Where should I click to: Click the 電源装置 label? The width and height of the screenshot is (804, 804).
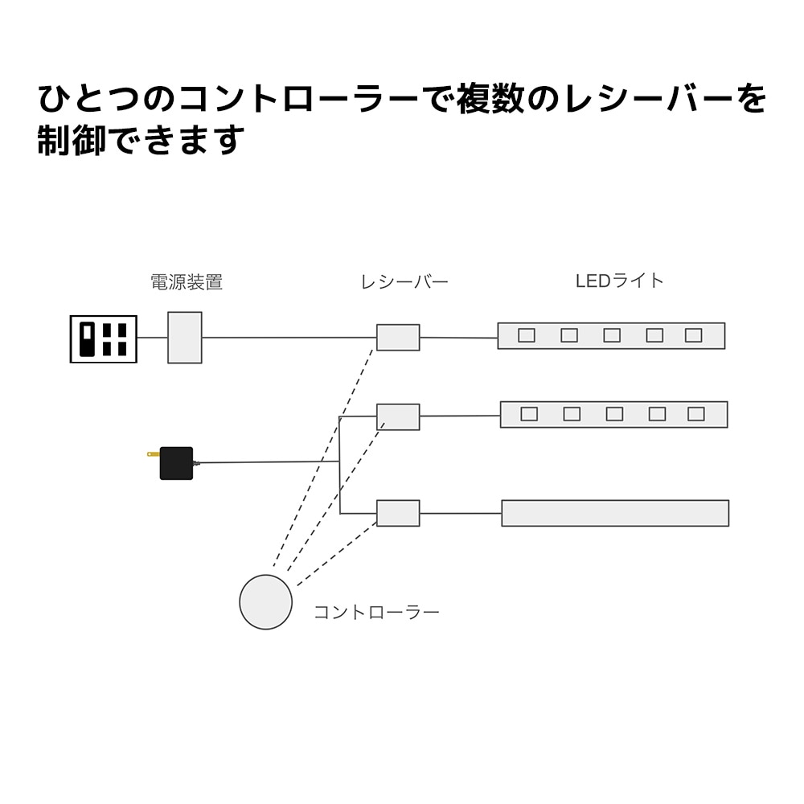[187, 282]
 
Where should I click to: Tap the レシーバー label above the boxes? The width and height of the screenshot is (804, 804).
[404, 282]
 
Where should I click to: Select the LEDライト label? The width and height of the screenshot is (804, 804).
[619, 281]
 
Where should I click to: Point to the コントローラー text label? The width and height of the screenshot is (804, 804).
[376, 613]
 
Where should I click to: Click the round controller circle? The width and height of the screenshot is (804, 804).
[266, 602]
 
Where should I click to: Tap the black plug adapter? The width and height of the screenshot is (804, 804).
[177, 463]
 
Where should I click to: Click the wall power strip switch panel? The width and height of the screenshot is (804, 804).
[104, 339]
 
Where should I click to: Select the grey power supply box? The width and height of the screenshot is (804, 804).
[185, 338]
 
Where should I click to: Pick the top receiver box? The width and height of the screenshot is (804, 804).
[398, 338]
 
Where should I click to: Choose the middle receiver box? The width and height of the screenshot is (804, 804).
[398, 416]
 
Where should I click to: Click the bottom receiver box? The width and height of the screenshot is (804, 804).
[398, 513]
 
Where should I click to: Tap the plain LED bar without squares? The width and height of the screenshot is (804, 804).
[615, 513]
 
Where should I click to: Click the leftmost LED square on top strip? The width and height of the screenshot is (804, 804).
[527, 335]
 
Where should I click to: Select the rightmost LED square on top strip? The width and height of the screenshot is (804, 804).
[693, 335]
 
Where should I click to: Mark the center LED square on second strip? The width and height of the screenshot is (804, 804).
[614, 414]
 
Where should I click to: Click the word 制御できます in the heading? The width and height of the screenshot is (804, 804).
[141, 141]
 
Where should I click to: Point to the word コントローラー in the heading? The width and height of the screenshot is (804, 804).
[297, 99]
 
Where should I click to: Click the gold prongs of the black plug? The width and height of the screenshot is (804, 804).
[153, 454]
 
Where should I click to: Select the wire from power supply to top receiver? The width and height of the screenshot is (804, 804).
[289, 338]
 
